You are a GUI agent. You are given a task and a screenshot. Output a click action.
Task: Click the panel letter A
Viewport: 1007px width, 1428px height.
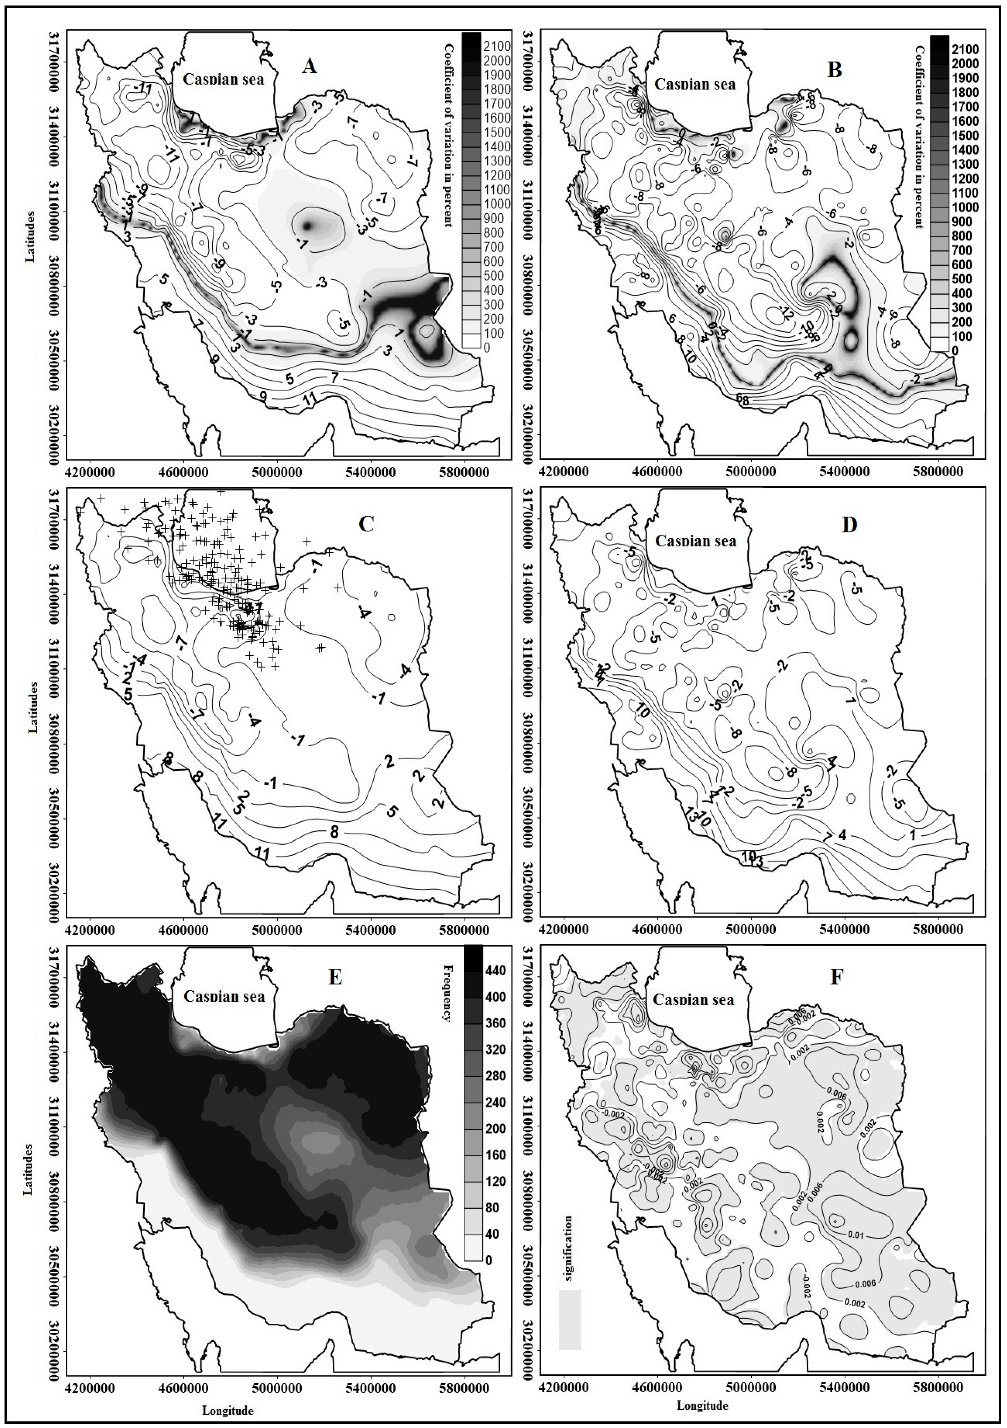pos(309,67)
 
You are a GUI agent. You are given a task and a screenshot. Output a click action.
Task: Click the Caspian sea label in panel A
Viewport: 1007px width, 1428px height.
pos(223,79)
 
